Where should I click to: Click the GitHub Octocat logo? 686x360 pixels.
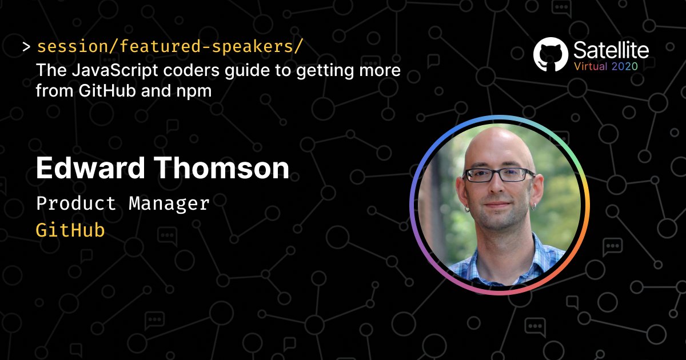pos(551,54)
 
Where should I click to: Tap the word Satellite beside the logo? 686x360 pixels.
pos(611,50)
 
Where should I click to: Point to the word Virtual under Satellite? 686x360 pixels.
pos(591,66)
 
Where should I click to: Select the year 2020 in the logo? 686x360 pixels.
pos(624,66)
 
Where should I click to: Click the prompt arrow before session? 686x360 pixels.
pos(26,47)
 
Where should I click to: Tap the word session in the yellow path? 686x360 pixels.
pos(72,46)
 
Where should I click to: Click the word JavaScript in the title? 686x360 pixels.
pos(115,70)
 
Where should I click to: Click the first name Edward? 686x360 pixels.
pos(90,168)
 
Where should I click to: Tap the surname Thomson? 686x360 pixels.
pos(221,168)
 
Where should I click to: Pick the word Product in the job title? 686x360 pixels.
pos(76,203)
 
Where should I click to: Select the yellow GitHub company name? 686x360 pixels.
pos(70,230)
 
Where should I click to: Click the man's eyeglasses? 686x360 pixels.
pos(498,175)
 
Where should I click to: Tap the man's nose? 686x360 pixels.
pos(498,186)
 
